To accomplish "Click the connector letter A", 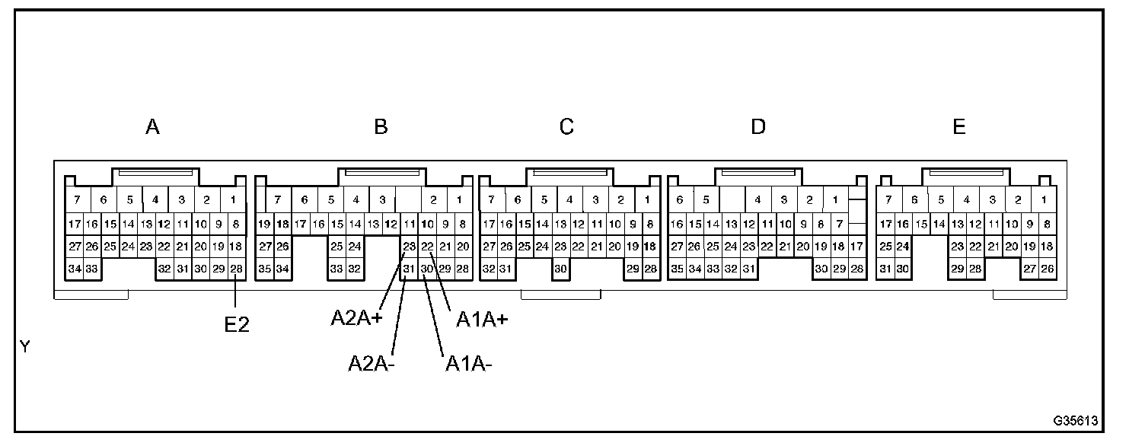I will [x=152, y=127].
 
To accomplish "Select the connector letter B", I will [x=381, y=127].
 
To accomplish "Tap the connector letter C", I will [x=566, y=127].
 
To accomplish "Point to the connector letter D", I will [x=758, y=127].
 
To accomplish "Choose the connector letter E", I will [x=959, y=127].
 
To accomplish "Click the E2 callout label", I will [x=237, y=324].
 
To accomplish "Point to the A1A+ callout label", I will [x=482, y=320].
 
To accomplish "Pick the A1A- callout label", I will [x=468, y=364].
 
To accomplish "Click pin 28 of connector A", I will [x=236, y=269].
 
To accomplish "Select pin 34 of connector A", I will [x=75, y=269].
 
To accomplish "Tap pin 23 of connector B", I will [x=409, y=247].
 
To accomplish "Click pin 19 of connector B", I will [x=264, y=225].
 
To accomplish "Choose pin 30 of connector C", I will [x=561, y=269].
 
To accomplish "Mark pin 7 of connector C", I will [x=492, y=200].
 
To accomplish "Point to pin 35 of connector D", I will [x=677, y=269].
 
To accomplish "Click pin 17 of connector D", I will [x=856, y=247].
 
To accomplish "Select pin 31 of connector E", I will [x=885, y=269].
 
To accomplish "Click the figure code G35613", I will [x=1076, y=420].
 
